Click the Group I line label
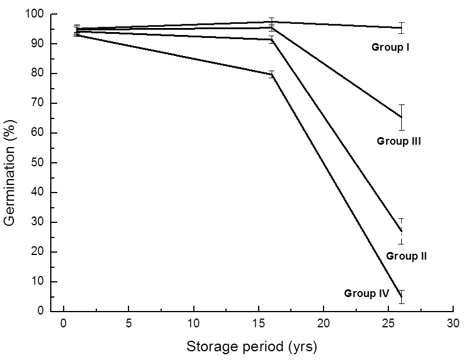click(x=390, y=47)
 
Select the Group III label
click(x=399, y=141)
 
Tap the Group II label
click(x=406, y=256)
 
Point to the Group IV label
click(x=366, y=293)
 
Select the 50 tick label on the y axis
click(x=39, y=163)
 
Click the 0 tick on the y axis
click(x=42, y=311)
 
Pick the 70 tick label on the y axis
click(x=39, y=103)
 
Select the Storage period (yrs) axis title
click(x=252, y=347)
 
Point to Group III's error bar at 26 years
click(x=401, y=117)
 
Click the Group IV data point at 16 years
click(x=272, y=74)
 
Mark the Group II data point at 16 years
click(x=272, y=40)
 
